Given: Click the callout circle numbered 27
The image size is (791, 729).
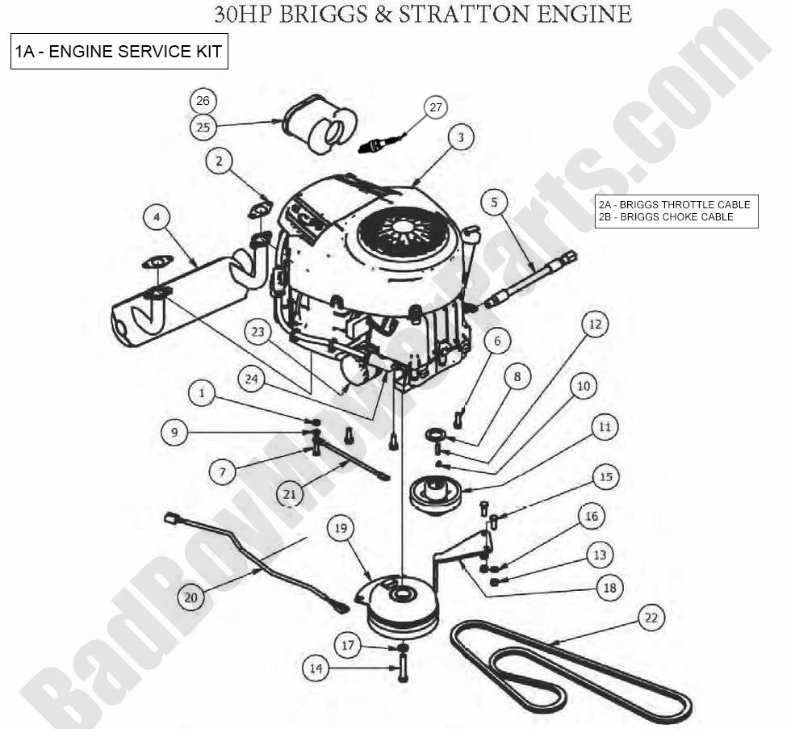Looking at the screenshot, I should [436, 107].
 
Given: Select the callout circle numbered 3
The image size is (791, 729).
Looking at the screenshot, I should [460, 138].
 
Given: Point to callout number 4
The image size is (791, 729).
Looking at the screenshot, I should [156, 216].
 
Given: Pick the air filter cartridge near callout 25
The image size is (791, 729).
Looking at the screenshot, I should [320, 127].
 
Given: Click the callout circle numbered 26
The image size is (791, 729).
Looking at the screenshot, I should [203, 101].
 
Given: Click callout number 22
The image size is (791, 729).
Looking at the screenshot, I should [651, 618].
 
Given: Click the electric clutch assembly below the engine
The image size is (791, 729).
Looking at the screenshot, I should [403, 610].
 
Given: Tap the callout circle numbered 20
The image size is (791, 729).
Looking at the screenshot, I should [190, 598].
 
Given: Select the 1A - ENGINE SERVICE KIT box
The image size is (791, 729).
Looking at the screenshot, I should [119, 52].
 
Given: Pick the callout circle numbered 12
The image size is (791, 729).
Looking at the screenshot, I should [595, 325].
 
